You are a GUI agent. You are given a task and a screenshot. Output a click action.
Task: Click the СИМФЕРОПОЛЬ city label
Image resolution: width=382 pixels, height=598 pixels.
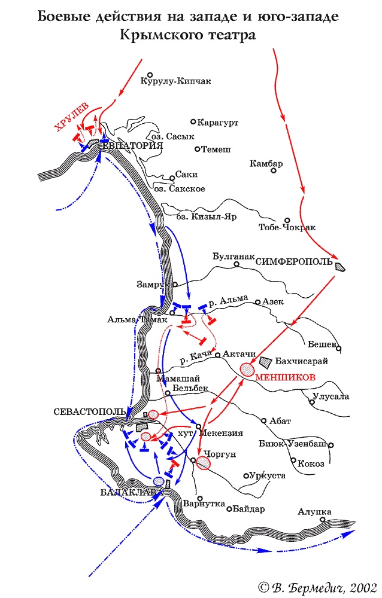[x=294, y=262]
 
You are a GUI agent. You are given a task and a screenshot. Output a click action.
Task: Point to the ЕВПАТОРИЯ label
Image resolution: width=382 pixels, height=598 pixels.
[x=133, y=146]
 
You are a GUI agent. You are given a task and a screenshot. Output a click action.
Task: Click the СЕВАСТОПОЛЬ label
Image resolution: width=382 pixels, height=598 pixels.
[x=89, y=412]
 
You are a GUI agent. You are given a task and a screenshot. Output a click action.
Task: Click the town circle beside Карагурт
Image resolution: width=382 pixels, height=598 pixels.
[x=192, y=121]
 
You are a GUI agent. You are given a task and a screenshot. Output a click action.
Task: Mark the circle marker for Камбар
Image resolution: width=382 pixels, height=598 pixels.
[x=274, y=170]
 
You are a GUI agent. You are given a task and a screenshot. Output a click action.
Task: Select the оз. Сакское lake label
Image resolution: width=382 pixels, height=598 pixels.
[x=180, y=189]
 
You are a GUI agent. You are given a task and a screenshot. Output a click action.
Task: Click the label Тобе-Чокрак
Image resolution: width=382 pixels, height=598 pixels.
[x=287, y=228]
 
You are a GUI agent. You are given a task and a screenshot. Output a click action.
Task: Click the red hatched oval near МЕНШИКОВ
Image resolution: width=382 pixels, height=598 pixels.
[x=247, y=368]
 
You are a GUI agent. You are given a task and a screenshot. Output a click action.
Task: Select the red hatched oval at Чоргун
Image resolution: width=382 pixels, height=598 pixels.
[x=205, y=463]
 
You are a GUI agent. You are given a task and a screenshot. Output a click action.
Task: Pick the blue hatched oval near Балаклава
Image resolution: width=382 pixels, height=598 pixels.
[x=159, y=481]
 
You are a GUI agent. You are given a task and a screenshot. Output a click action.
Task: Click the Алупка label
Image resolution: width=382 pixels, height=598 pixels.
[x=315, y=512]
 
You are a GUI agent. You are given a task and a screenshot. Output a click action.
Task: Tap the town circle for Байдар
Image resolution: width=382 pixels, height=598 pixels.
[x=229, y=509]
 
